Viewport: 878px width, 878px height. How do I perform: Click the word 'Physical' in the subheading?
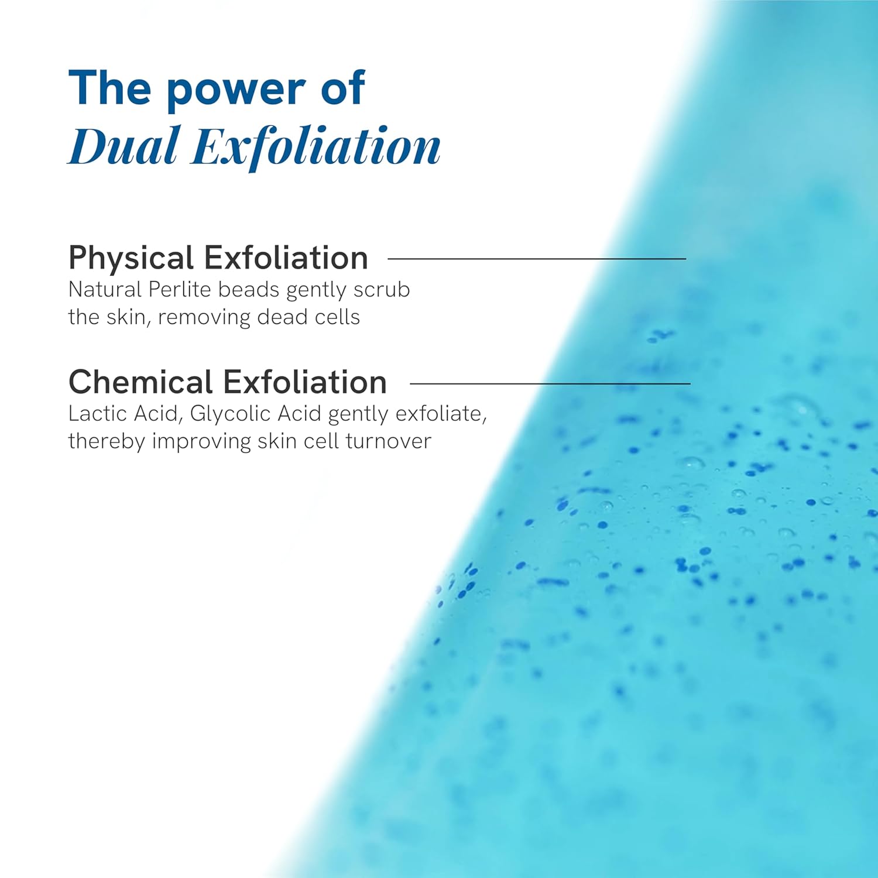(x=131, y=258)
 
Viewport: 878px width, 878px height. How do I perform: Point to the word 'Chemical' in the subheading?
(x=140, y=382)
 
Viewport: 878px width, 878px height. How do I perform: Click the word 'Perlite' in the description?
(x=180, y=289)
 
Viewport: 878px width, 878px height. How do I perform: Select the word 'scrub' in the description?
(x=382, y=289)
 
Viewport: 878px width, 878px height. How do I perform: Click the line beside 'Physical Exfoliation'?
(x=537, y=258)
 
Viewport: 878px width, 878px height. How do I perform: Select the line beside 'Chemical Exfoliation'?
(x=550, y=383)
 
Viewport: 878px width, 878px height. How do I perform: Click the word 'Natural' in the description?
(x=105, y=289)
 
